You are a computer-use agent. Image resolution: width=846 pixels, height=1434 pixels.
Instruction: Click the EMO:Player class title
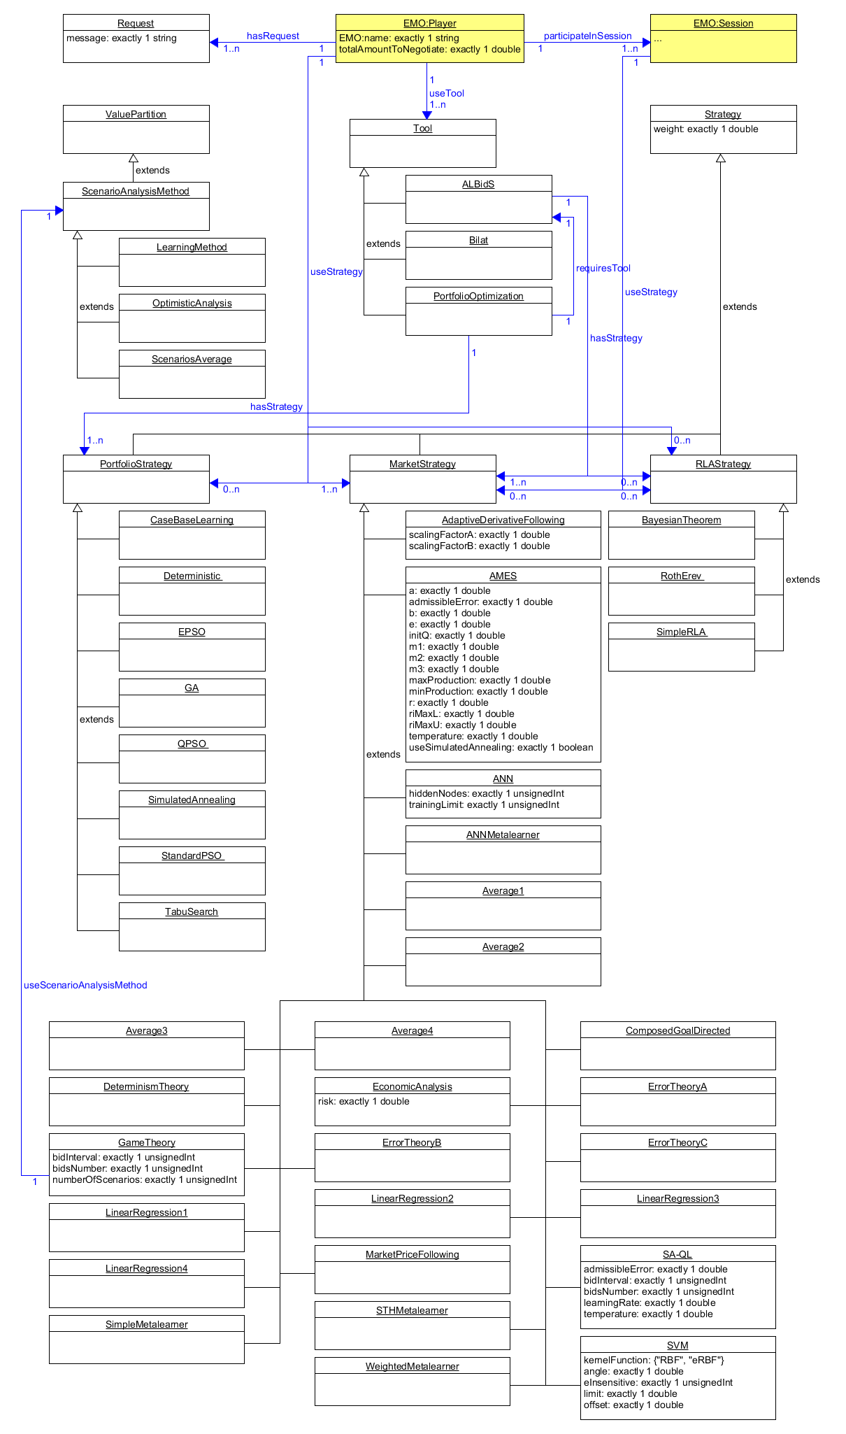429,23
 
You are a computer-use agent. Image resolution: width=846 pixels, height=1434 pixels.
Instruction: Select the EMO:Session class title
723,23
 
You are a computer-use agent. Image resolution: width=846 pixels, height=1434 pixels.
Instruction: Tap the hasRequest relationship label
273,36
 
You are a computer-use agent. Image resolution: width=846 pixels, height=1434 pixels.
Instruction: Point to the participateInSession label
587,36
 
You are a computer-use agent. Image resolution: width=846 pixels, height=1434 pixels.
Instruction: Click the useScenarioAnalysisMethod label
85,985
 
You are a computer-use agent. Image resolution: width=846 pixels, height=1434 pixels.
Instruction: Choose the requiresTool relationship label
603,268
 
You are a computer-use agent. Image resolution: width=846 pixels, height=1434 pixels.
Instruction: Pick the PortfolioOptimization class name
478,296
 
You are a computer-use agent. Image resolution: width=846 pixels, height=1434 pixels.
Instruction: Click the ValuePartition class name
136,114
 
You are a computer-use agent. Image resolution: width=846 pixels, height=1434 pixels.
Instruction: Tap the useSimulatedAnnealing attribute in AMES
501,747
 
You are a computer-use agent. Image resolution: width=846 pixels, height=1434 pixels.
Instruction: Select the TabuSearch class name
192,911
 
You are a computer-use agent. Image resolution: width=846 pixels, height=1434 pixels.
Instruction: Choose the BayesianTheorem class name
681,520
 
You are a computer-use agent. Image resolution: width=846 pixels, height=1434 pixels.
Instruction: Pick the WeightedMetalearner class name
412,1366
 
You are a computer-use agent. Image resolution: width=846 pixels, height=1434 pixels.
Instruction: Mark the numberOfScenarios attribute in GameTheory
144,1179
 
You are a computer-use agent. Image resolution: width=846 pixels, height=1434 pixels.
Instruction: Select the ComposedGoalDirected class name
677,1030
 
